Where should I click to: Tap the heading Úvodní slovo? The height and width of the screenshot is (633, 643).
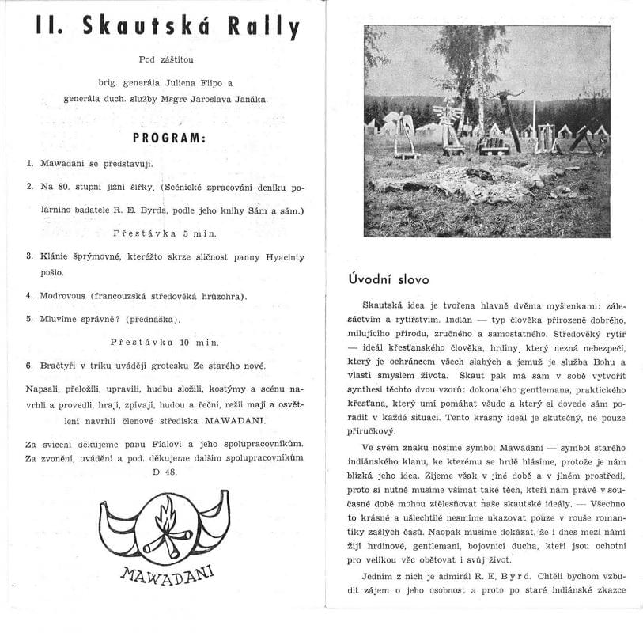tap(388, 279)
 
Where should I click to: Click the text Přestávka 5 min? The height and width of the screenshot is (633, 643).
tap(164, 233)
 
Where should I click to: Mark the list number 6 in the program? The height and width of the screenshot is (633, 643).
tap(28, 366)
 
